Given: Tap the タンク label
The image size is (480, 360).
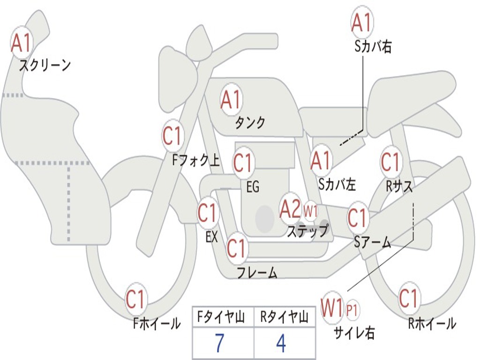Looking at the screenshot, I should (x=250, y=123).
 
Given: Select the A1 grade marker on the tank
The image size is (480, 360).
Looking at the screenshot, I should (x=231, y=99).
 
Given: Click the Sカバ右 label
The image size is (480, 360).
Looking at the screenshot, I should (x=373, y=47).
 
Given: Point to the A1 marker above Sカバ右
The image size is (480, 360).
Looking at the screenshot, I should (x=362, y=22).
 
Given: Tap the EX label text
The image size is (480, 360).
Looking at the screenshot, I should (x=211, y=237).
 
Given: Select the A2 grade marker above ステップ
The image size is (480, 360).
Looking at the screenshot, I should (x=290, y=209).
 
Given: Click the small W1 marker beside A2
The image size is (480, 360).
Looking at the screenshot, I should (x=310, y=210).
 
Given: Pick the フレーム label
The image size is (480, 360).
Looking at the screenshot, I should (x=257, y=273).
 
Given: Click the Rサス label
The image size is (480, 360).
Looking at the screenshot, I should (x=399, y=187).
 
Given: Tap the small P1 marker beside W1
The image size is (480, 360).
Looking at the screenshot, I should (x=352, y=309).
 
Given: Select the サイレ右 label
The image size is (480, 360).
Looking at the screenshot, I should (x=354, y=333).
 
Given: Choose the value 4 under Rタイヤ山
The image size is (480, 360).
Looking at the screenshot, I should (x=281, y=344).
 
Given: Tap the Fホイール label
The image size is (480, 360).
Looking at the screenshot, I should (x=157, y=323).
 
